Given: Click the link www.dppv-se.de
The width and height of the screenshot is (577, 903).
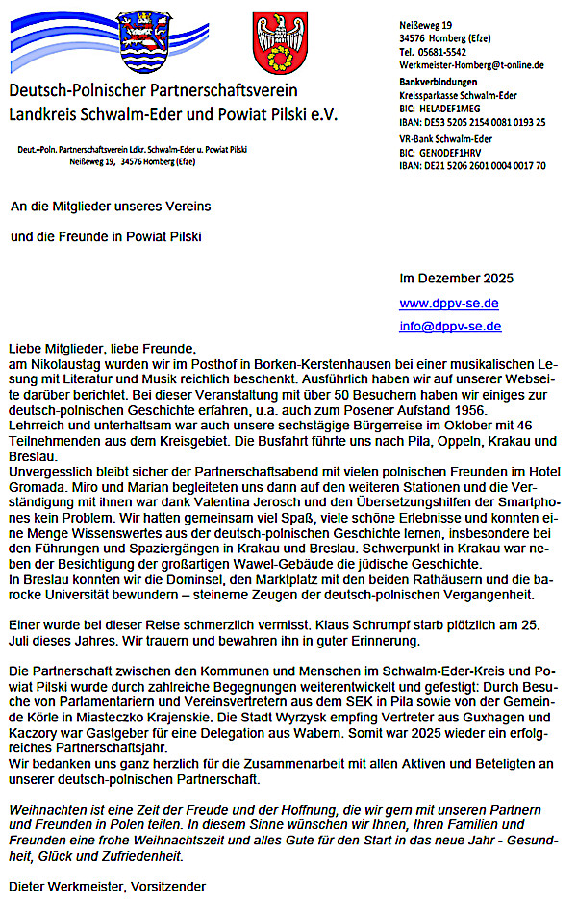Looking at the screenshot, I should pos(448,303).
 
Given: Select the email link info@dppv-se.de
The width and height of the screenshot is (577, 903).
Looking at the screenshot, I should pos(448,326).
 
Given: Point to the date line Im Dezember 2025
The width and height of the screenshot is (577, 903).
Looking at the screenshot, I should pos(456,279).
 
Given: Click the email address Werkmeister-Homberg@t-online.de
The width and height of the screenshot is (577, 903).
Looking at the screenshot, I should pos(471,64).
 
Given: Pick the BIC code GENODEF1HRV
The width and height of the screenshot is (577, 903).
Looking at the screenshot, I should pos(457,152).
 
